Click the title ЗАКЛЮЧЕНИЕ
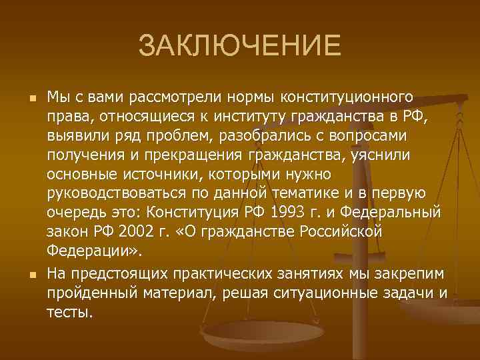pos(239,47)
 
